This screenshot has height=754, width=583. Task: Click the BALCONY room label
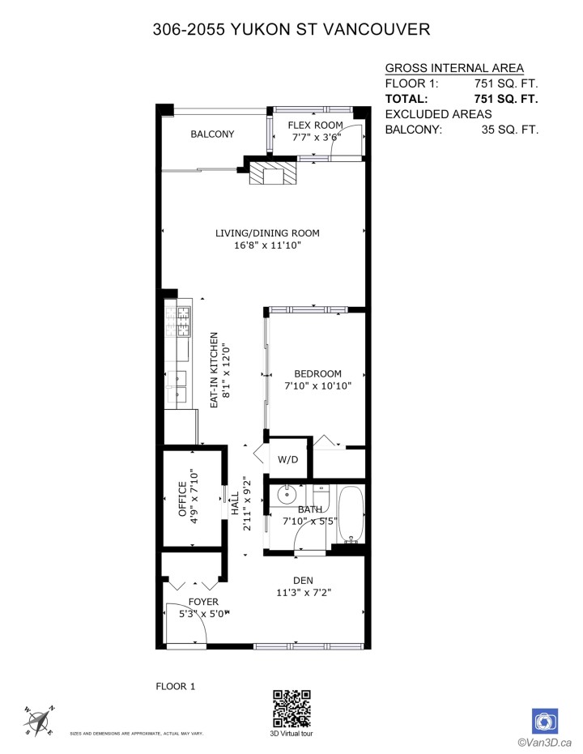[212, 134]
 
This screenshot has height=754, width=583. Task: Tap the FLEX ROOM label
[315, 126]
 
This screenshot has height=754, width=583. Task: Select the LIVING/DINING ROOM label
[267, 233]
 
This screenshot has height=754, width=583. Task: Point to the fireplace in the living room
[272, 174]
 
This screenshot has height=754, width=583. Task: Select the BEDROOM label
[317, 373]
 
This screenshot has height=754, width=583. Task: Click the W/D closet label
[287, 459]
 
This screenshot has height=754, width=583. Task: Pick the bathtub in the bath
[351, 516]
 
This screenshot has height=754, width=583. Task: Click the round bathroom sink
[287, 494]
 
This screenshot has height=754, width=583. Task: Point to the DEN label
[304, 580]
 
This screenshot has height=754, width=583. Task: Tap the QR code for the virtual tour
[291, 709]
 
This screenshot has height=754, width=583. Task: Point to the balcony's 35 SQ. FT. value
[509, 130]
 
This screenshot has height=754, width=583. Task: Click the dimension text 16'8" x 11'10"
[267, 245]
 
